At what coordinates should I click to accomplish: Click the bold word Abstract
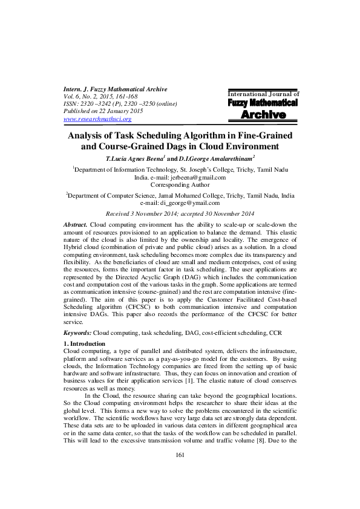76,224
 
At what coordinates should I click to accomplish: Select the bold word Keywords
77,333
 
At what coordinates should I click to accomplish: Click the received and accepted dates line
180,213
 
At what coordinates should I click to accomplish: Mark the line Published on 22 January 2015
103,112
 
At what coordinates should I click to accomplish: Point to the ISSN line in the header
120,104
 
